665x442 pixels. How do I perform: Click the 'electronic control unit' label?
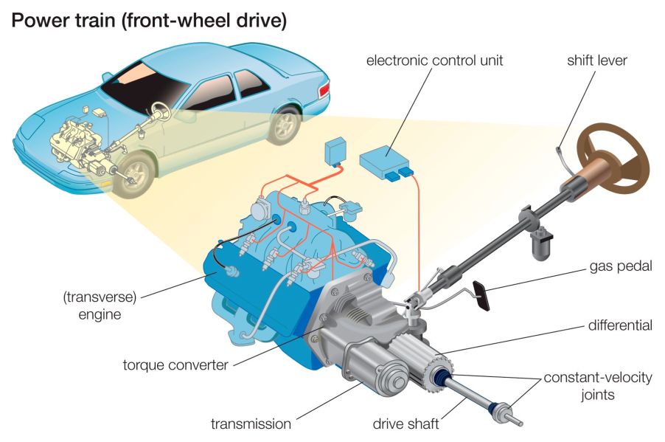tap(434, 60)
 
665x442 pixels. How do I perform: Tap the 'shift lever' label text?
tap(596, 60)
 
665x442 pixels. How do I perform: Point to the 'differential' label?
tap(620, 325)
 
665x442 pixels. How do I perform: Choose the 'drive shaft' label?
tap(405, 424)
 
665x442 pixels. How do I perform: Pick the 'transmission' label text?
tap(251, 424)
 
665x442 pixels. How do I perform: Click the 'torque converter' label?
tap(175, 365)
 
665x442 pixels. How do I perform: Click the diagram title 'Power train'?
tap(148, 21)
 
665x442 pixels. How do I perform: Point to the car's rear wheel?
tap(283, 125)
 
